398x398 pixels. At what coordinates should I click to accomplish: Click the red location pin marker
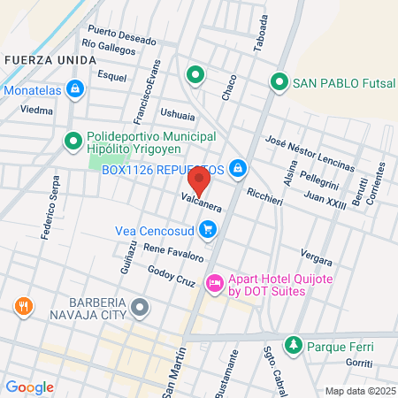[x=199, y=180]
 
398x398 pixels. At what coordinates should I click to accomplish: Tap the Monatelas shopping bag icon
[x=76, y=89]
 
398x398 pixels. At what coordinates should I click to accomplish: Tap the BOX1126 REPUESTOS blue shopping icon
[x=238, y=168]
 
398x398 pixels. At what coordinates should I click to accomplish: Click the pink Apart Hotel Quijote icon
[x=213, y=284]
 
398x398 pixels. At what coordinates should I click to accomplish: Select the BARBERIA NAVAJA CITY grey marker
[x=140, y=308]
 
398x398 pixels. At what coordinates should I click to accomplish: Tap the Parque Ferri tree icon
[x=292, y=343]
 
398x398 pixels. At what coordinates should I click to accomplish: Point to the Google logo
[x=30, y=387]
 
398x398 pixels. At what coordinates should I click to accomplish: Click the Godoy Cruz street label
[x=171, y=276]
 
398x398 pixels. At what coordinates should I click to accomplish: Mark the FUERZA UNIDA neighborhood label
[x=50, y=59]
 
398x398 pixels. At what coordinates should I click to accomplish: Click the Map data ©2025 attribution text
[x=359, y=391]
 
